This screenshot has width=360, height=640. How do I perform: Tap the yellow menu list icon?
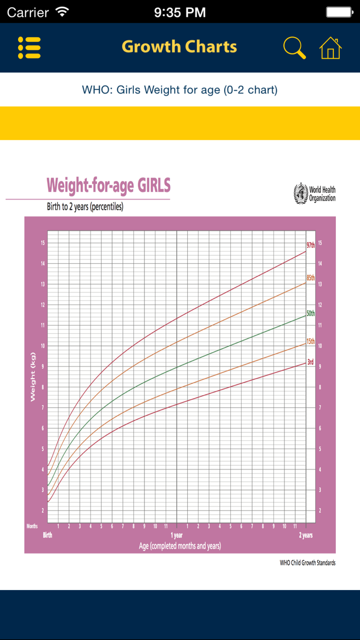(x=29, y=47)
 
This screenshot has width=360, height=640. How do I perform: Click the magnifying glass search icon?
(x=295, y=47)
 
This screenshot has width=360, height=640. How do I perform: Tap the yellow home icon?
(x=330, y=47)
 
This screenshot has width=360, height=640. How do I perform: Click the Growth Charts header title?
(x=179, y=47)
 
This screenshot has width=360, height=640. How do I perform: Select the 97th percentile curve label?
(x=311, y=245)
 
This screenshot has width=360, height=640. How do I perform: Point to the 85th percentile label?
(x=311, y=278)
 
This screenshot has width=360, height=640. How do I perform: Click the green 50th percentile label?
(x=311, y=313)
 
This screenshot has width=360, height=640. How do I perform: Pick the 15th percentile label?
(x=311, y=341)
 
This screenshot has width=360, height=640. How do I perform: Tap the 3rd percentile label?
(x=311, y=362)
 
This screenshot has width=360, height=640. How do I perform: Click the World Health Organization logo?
(x=314, y=193)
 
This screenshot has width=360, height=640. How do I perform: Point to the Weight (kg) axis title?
(x=33, y=377)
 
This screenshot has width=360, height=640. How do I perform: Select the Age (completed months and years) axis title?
(x=180, y=546)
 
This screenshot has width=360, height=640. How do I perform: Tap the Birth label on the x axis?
(x=47, y=535)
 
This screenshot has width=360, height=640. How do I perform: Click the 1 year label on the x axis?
(x=176, y=535)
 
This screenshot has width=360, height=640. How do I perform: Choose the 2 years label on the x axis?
(x=305, y=535)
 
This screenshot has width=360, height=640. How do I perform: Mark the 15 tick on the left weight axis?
(x=43, y=243)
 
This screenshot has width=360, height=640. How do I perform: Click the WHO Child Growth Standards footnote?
(x=308, y=563)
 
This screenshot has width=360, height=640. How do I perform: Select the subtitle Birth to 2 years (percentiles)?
(x=85, y=207)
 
